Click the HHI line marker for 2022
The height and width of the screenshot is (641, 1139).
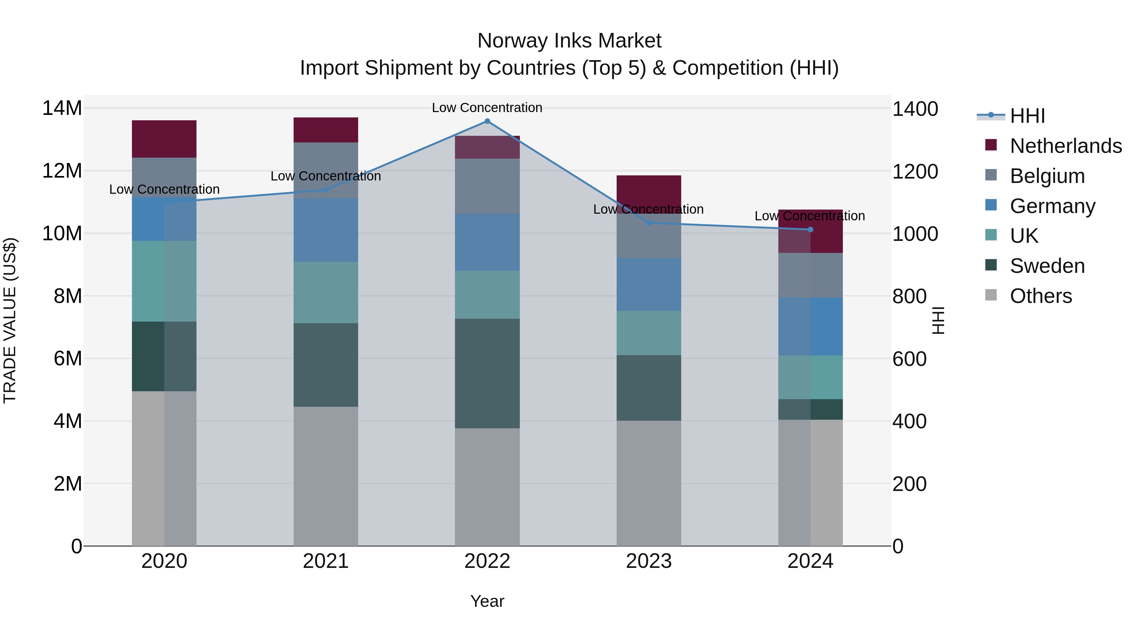(x=487, y=121)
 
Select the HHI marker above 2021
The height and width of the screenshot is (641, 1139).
(x=326, y=190)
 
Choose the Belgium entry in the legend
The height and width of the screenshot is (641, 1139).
(x=1047, y=176)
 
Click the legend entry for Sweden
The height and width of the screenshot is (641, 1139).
(x=1047, y=266)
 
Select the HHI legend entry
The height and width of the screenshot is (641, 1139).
(x=1027, y=116)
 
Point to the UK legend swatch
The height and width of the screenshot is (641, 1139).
(x=991, y=235)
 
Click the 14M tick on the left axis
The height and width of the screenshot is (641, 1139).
(x=62, y=108)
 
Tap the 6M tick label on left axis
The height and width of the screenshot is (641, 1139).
(x=67, y=358)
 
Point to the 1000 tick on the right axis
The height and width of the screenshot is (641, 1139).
(x=915, y=234)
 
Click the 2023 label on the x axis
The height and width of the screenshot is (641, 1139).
(x=649, y=561)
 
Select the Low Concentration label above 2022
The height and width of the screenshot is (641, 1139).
(x=487, y=108)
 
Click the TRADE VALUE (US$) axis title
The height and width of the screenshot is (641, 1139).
(x=10, y=320)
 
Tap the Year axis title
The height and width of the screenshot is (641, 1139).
(x=487, y=601)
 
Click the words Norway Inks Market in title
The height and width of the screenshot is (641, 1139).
(x=569, y=41)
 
